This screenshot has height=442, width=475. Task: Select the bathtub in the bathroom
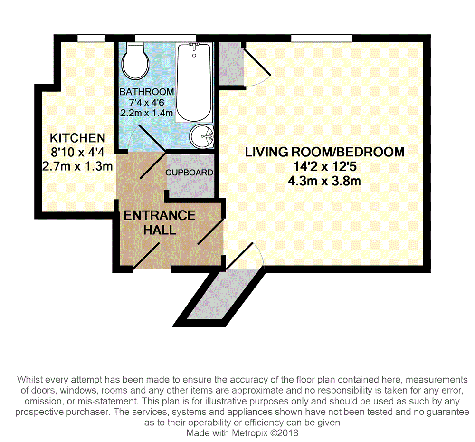(x=194, y=83)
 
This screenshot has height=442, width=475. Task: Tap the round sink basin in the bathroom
(x=202, y=136)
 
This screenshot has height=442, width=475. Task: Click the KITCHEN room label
(x=77, y=138)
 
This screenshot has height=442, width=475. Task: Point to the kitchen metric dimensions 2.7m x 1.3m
(x=77, y=166)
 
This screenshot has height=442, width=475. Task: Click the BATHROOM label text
(x=146, y=92)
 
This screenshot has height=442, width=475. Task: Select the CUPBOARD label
(x=189, y=173)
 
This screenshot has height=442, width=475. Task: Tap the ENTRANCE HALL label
(x=159, y=222)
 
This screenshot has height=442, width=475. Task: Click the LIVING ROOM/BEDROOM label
(x=324, y=152)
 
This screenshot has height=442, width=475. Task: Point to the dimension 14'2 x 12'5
(x=324, y=167)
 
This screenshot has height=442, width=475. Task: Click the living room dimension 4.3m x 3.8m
(x=324, y=181)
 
